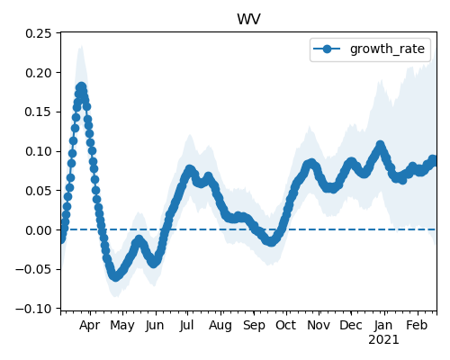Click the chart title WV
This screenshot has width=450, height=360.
(x=248, y=20)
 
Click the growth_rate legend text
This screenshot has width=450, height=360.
(x=387, y=49)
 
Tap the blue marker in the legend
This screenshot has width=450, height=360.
(x=327, y=49)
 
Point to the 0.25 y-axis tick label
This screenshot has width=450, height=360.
(x=39, y=33)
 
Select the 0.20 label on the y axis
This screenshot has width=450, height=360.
(x=39, y=73)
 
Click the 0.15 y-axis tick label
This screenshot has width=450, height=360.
(x=39, y=112)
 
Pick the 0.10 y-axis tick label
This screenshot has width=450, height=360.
(x=39, y=151)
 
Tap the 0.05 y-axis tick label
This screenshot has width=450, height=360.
(x=39, y=191)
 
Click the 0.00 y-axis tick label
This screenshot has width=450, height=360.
(x=39, y=230)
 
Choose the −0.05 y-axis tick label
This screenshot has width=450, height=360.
(x=33, y=269)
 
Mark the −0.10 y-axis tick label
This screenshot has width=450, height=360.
(x=33, y=309)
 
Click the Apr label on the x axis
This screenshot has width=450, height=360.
(x=89, y=326)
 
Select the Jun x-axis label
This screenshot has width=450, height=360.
(x=155, y=326)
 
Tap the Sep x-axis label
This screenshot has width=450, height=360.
(x=254, y=326)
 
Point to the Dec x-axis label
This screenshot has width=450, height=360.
(x=351, y=326)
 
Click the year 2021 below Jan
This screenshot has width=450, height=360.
(x=383, y=340)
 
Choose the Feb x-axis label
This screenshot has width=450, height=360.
(x=417, y=326)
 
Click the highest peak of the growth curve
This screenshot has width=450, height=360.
(x=81, y=87)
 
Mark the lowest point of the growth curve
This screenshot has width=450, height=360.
(x=115, y=277)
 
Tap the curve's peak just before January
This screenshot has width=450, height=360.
(x=381, y=145)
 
